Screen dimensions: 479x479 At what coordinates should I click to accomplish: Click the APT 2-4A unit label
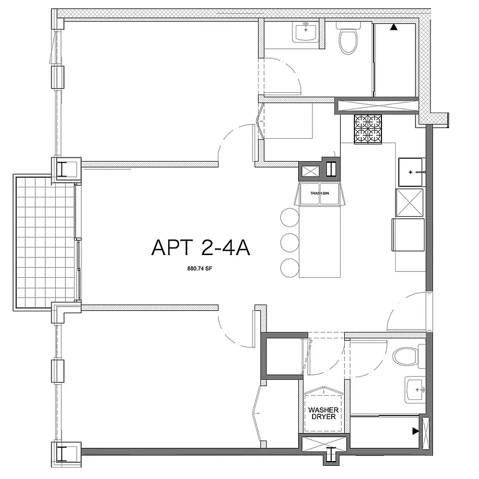click(201, 247)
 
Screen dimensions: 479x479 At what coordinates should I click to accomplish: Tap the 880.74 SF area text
click(201, 269)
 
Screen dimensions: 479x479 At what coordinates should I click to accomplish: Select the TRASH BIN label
click(319, 193)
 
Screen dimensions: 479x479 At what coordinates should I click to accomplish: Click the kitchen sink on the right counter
click(411, 172)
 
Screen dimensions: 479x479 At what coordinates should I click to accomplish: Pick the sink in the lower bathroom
click(415, 390)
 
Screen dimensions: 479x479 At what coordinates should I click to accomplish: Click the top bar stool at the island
click(289, 217)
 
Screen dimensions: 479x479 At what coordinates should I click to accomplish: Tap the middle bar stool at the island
click(289, 242)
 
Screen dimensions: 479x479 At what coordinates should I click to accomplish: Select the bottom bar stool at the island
click(289, 267)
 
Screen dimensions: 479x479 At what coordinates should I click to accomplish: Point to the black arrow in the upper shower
click(393, 27)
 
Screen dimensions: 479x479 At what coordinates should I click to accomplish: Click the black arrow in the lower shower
click(415, 431)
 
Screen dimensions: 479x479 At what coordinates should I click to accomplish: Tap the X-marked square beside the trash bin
click(310, 171)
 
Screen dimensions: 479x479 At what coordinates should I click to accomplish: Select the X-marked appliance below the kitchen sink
click(409, 202)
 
